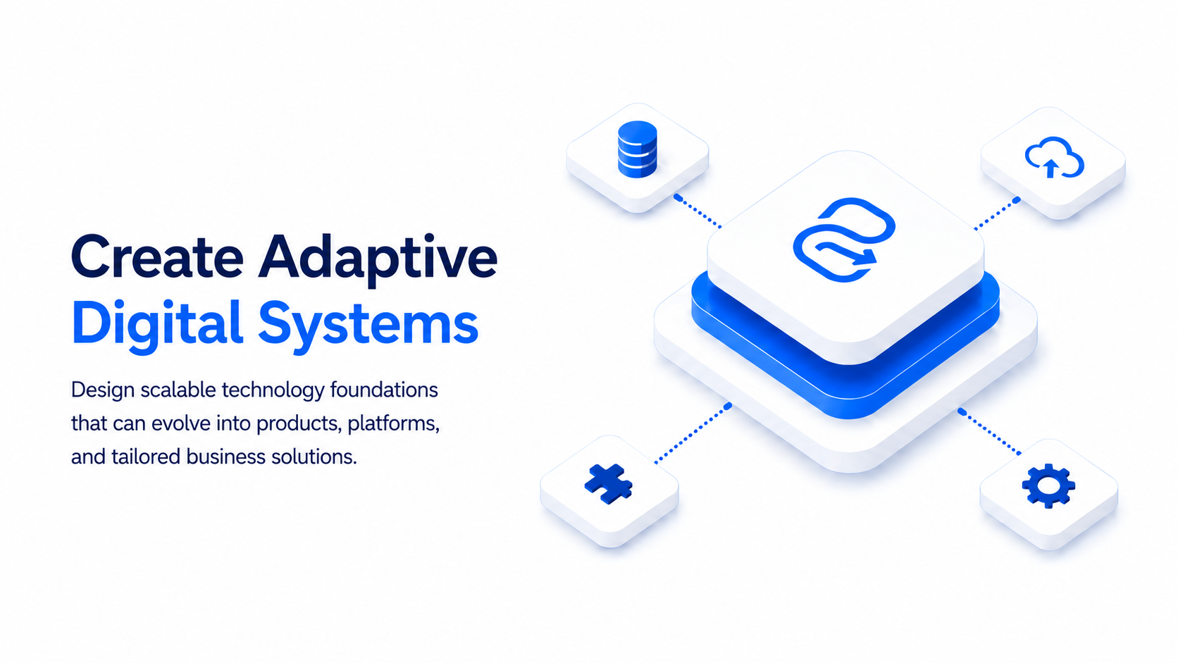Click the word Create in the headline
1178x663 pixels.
click(x=157, y=256)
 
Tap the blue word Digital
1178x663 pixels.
click(x=156, y=324)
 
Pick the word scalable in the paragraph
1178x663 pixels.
click(x=178, y=390)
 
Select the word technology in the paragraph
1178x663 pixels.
click(x=273, y=391)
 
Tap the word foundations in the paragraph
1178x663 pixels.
click(x=384, y=390)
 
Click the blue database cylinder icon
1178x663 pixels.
click(x=637, y=149)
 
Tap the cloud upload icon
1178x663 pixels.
click(x=1054, y=158)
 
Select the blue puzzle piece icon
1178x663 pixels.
click(x=609, y=484)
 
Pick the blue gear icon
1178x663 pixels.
click(x=1048, y=486)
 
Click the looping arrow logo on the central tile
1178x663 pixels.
click(x=844, y=240)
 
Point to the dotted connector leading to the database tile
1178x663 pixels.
click(x=697, y=212)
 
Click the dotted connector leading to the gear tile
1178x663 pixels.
click(x=990, y=432)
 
